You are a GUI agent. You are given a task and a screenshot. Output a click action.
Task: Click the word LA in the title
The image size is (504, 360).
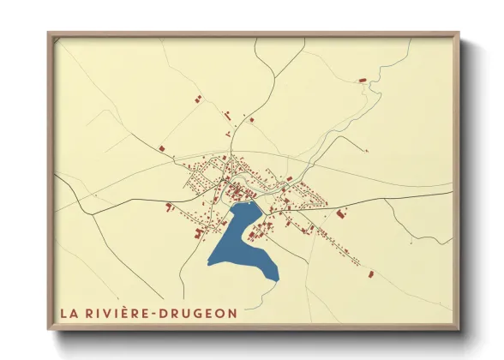pyautogui.click(x=69, y=314)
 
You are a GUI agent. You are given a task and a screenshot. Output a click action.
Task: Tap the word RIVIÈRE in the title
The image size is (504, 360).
pyautogui.click(x=116, y=314)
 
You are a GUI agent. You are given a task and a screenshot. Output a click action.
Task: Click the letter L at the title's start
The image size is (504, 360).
pyautogui.click(x=64, y=314)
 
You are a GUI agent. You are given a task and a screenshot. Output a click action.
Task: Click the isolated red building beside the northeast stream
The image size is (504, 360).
pyautogui.click(x=362, y=81)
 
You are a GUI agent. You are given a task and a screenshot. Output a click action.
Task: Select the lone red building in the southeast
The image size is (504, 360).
pyautogui.click(x=371, y=274)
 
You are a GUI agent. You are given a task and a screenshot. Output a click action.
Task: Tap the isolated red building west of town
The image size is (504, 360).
pyautogui.click(x=161, y=148)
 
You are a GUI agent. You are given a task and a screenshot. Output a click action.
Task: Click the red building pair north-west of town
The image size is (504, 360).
pyautogui.click(x=228, y=114)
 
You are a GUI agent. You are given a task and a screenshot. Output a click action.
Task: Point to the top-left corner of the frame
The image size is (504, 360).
pyautogui.click(x=49, y=33)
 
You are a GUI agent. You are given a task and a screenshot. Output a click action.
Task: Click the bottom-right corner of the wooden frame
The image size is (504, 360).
pyautogui.click(x=459, y=329)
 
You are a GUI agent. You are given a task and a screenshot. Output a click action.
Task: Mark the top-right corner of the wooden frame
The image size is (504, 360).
pyautogui.click(x=459, y=33)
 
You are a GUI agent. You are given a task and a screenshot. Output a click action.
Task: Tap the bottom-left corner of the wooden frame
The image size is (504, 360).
pyautogui.click(x=49, y=329)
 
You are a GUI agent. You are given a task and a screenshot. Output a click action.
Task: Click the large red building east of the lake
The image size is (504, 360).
pyautogui.click(x=340, y=213)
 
